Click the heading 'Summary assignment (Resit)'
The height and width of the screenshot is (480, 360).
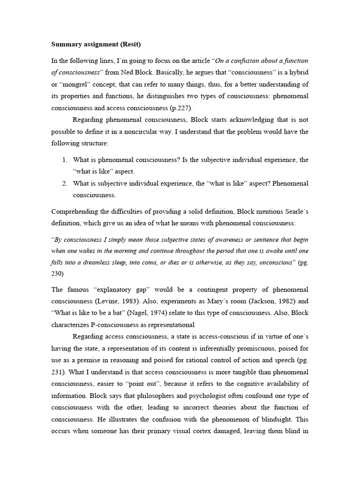coord(96,45)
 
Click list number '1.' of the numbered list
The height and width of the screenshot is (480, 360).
coord(65,160)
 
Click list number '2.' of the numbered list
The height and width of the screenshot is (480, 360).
coord(65,183)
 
